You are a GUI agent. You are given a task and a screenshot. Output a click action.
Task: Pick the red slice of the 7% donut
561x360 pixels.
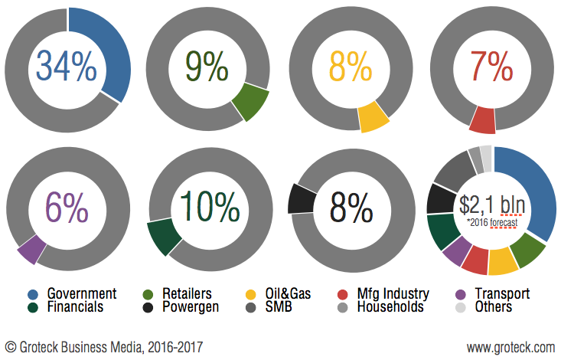coord(482,120)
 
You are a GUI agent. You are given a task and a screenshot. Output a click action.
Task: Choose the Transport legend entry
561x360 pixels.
coord(502,293)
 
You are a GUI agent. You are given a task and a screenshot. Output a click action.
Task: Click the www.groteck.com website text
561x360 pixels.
coord(510,347)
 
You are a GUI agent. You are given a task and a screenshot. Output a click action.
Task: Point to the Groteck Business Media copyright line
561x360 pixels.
coord(104,347)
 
